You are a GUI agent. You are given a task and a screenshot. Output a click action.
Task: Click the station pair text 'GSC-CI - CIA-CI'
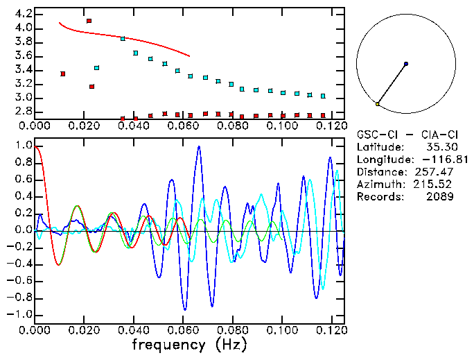pyautogui.click(x=405, y=135)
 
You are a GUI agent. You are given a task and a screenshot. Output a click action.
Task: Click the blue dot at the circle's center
pyautogui.click(x=405, y=64)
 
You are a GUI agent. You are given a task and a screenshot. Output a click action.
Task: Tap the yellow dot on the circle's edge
pyautogui.click(x=378, y=104)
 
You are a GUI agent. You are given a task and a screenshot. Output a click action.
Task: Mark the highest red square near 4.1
pyautogui.click(x=89, y=21)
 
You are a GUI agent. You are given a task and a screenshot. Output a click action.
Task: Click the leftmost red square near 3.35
pyautogui.click(x=63, y=74)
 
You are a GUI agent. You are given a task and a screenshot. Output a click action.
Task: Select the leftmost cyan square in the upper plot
pyautogui.click(x=96, y=68)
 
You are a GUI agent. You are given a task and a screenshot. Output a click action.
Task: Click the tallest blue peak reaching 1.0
pyautogui.click(x=199, y=146)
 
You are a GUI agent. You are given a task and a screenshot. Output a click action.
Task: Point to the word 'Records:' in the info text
pyautogui.click(x=379, y=197)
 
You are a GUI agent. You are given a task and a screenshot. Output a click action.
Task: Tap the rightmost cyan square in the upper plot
pyautogui.click(x=323, y=96)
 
